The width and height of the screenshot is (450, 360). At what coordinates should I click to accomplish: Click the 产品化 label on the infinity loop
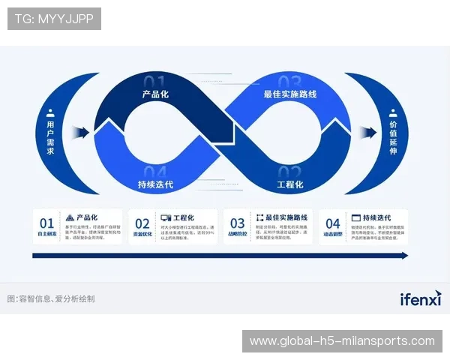click(156, 94)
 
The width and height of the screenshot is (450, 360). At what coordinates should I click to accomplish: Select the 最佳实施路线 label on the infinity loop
click(290, 94)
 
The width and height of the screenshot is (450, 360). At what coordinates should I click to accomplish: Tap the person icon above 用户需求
click(51, 113)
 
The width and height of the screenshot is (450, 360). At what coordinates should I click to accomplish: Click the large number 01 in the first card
click(47, 223)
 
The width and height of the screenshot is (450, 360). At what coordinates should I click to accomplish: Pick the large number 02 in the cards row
click(142, 223)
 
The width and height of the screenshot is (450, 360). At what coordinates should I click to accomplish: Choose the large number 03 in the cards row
click(237, 223)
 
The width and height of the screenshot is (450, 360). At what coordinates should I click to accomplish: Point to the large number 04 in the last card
click(333, 223)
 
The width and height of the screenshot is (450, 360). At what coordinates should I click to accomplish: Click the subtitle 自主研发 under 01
click(47, 235)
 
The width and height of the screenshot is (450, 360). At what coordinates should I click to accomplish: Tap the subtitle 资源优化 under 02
click(142, 235)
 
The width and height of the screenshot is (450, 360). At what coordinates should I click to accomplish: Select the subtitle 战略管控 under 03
click(237, 235)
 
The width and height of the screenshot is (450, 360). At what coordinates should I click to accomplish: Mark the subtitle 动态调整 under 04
click(333, 235)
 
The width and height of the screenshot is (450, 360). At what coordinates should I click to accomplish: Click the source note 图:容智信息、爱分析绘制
click(50, 298)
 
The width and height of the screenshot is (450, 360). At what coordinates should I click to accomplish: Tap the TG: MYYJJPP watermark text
click(54, 18)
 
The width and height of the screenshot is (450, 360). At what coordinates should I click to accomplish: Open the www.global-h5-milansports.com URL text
click(342, 341)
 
